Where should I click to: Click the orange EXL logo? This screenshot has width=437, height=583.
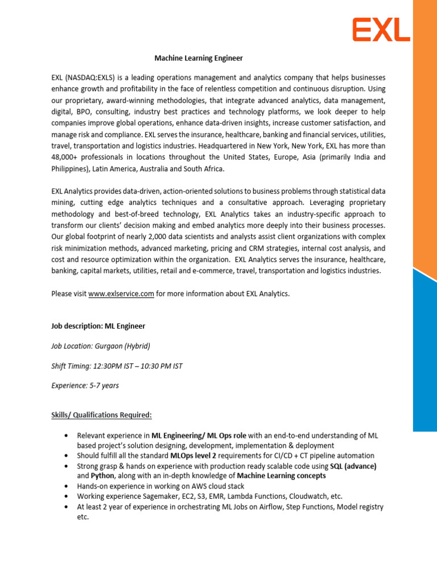tap(381, 30)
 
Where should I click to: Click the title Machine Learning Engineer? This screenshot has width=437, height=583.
tap(199, 58)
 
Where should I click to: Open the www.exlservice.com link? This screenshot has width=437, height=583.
tap(121, 294)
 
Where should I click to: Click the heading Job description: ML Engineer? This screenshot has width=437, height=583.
tap(98, 326)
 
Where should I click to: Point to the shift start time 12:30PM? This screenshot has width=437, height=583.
tap(112, 366)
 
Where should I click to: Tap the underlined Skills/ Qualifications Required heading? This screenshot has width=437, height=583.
tap(101, 415)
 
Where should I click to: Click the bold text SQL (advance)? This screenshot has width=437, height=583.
tap(353, 466)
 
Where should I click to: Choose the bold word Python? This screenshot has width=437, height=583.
tap(102, 475)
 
